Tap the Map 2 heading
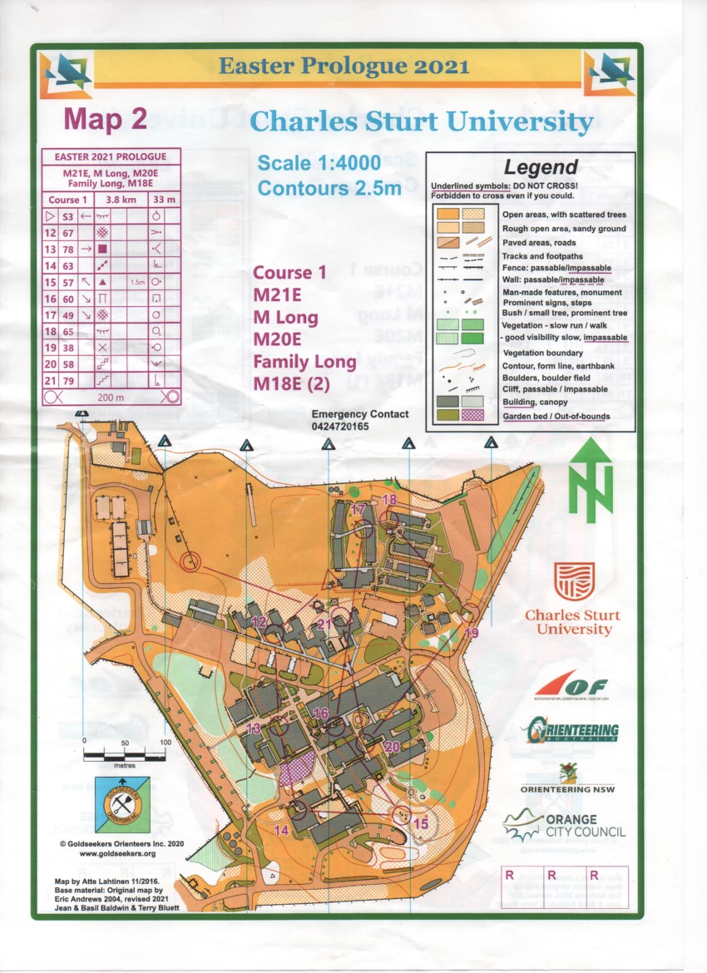106,120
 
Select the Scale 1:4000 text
319,162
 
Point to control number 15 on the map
421,823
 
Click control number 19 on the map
472,634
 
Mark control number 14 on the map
281,830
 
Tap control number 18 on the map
389,499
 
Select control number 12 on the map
259,622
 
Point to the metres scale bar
125,755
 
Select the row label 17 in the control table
50,315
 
